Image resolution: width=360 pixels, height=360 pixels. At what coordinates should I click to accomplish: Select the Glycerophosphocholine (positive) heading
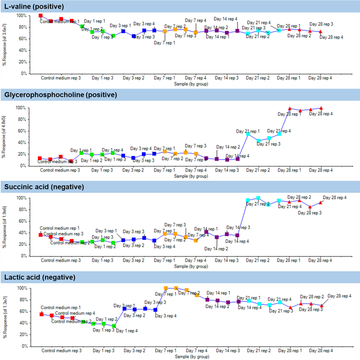60,95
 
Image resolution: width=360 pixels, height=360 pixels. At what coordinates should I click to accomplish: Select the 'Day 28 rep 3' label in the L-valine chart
321,24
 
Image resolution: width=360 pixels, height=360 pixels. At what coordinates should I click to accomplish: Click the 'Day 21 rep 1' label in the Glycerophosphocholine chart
248,131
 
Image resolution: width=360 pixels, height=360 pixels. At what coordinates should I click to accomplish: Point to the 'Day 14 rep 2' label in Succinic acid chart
216,249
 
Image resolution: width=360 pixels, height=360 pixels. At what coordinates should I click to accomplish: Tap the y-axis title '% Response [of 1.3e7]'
4,316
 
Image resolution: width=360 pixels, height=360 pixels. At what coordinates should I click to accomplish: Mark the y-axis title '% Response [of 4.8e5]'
4,136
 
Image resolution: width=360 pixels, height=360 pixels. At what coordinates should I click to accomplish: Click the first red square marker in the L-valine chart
41,15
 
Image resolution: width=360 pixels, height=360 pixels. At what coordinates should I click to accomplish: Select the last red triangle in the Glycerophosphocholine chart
321,108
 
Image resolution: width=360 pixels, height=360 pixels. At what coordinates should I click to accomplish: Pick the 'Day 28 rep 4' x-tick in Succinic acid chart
320,260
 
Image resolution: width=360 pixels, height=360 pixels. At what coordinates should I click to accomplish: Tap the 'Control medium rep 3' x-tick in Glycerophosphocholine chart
60,170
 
